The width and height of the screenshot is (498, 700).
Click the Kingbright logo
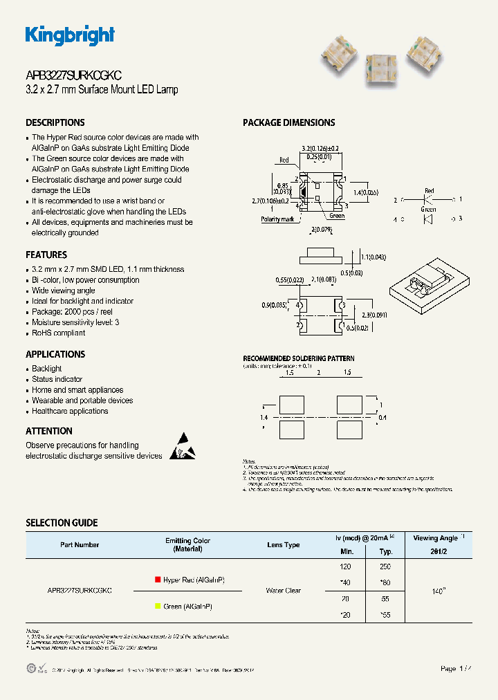point(70,35)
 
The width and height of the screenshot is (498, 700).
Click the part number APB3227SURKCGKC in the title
point(74,76)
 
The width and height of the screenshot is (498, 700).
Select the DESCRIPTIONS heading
point(55,122)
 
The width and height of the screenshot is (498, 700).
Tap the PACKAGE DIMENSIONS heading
point(288,122)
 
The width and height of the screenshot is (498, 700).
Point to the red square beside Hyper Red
point(158,580)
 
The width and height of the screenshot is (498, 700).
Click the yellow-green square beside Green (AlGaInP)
point(158,606)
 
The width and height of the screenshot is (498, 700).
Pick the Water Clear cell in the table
point(283,591)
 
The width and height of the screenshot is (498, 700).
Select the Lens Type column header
point(283,545)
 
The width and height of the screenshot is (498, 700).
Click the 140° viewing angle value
point(439,591)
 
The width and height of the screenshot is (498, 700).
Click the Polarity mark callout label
point(277,219)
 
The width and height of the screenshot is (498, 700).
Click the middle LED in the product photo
point(378,67)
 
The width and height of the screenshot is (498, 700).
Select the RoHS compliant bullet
point(58,333)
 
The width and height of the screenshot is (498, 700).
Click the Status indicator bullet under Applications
point(57,379)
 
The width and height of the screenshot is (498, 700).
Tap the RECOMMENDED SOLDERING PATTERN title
point(298,358)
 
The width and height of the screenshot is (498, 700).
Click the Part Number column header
point(80,545)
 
